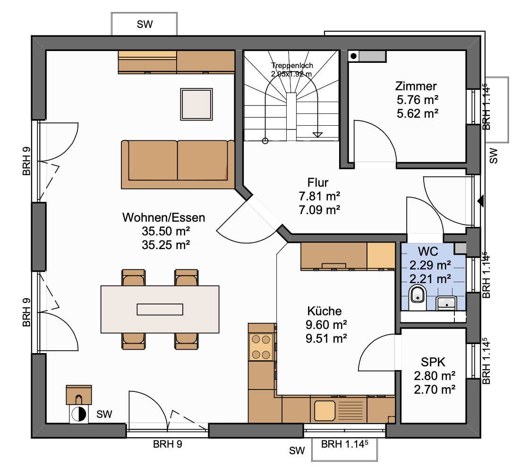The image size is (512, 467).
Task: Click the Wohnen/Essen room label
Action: pos(163,217)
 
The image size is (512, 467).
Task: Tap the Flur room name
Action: pos(318,182)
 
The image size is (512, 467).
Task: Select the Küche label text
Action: pos(324,311)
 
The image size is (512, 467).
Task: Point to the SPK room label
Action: pos(433,362)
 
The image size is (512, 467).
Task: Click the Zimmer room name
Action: pos(416,86)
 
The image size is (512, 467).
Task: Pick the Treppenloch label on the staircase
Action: pos(292,66)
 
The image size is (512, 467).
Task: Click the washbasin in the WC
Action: pos(446,303)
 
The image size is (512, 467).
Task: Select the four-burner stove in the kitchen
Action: pos(261,347)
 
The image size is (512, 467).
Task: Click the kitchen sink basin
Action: pos(324,410)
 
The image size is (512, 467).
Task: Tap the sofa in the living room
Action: pos(178,164)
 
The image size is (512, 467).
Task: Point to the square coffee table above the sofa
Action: pos(196,104)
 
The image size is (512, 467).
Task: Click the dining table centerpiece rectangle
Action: pos(160,309)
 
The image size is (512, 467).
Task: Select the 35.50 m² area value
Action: pos(166,232)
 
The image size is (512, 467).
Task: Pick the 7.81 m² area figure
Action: pos(319,196)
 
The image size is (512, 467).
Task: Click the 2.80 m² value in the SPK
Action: pos(435,376)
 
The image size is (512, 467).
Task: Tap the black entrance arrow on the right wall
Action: pos(480,201)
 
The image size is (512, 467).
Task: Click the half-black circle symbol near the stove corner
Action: pos(79,415)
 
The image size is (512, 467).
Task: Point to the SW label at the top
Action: pos(145,24)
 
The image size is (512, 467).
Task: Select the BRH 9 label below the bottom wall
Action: pos(168,444)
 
